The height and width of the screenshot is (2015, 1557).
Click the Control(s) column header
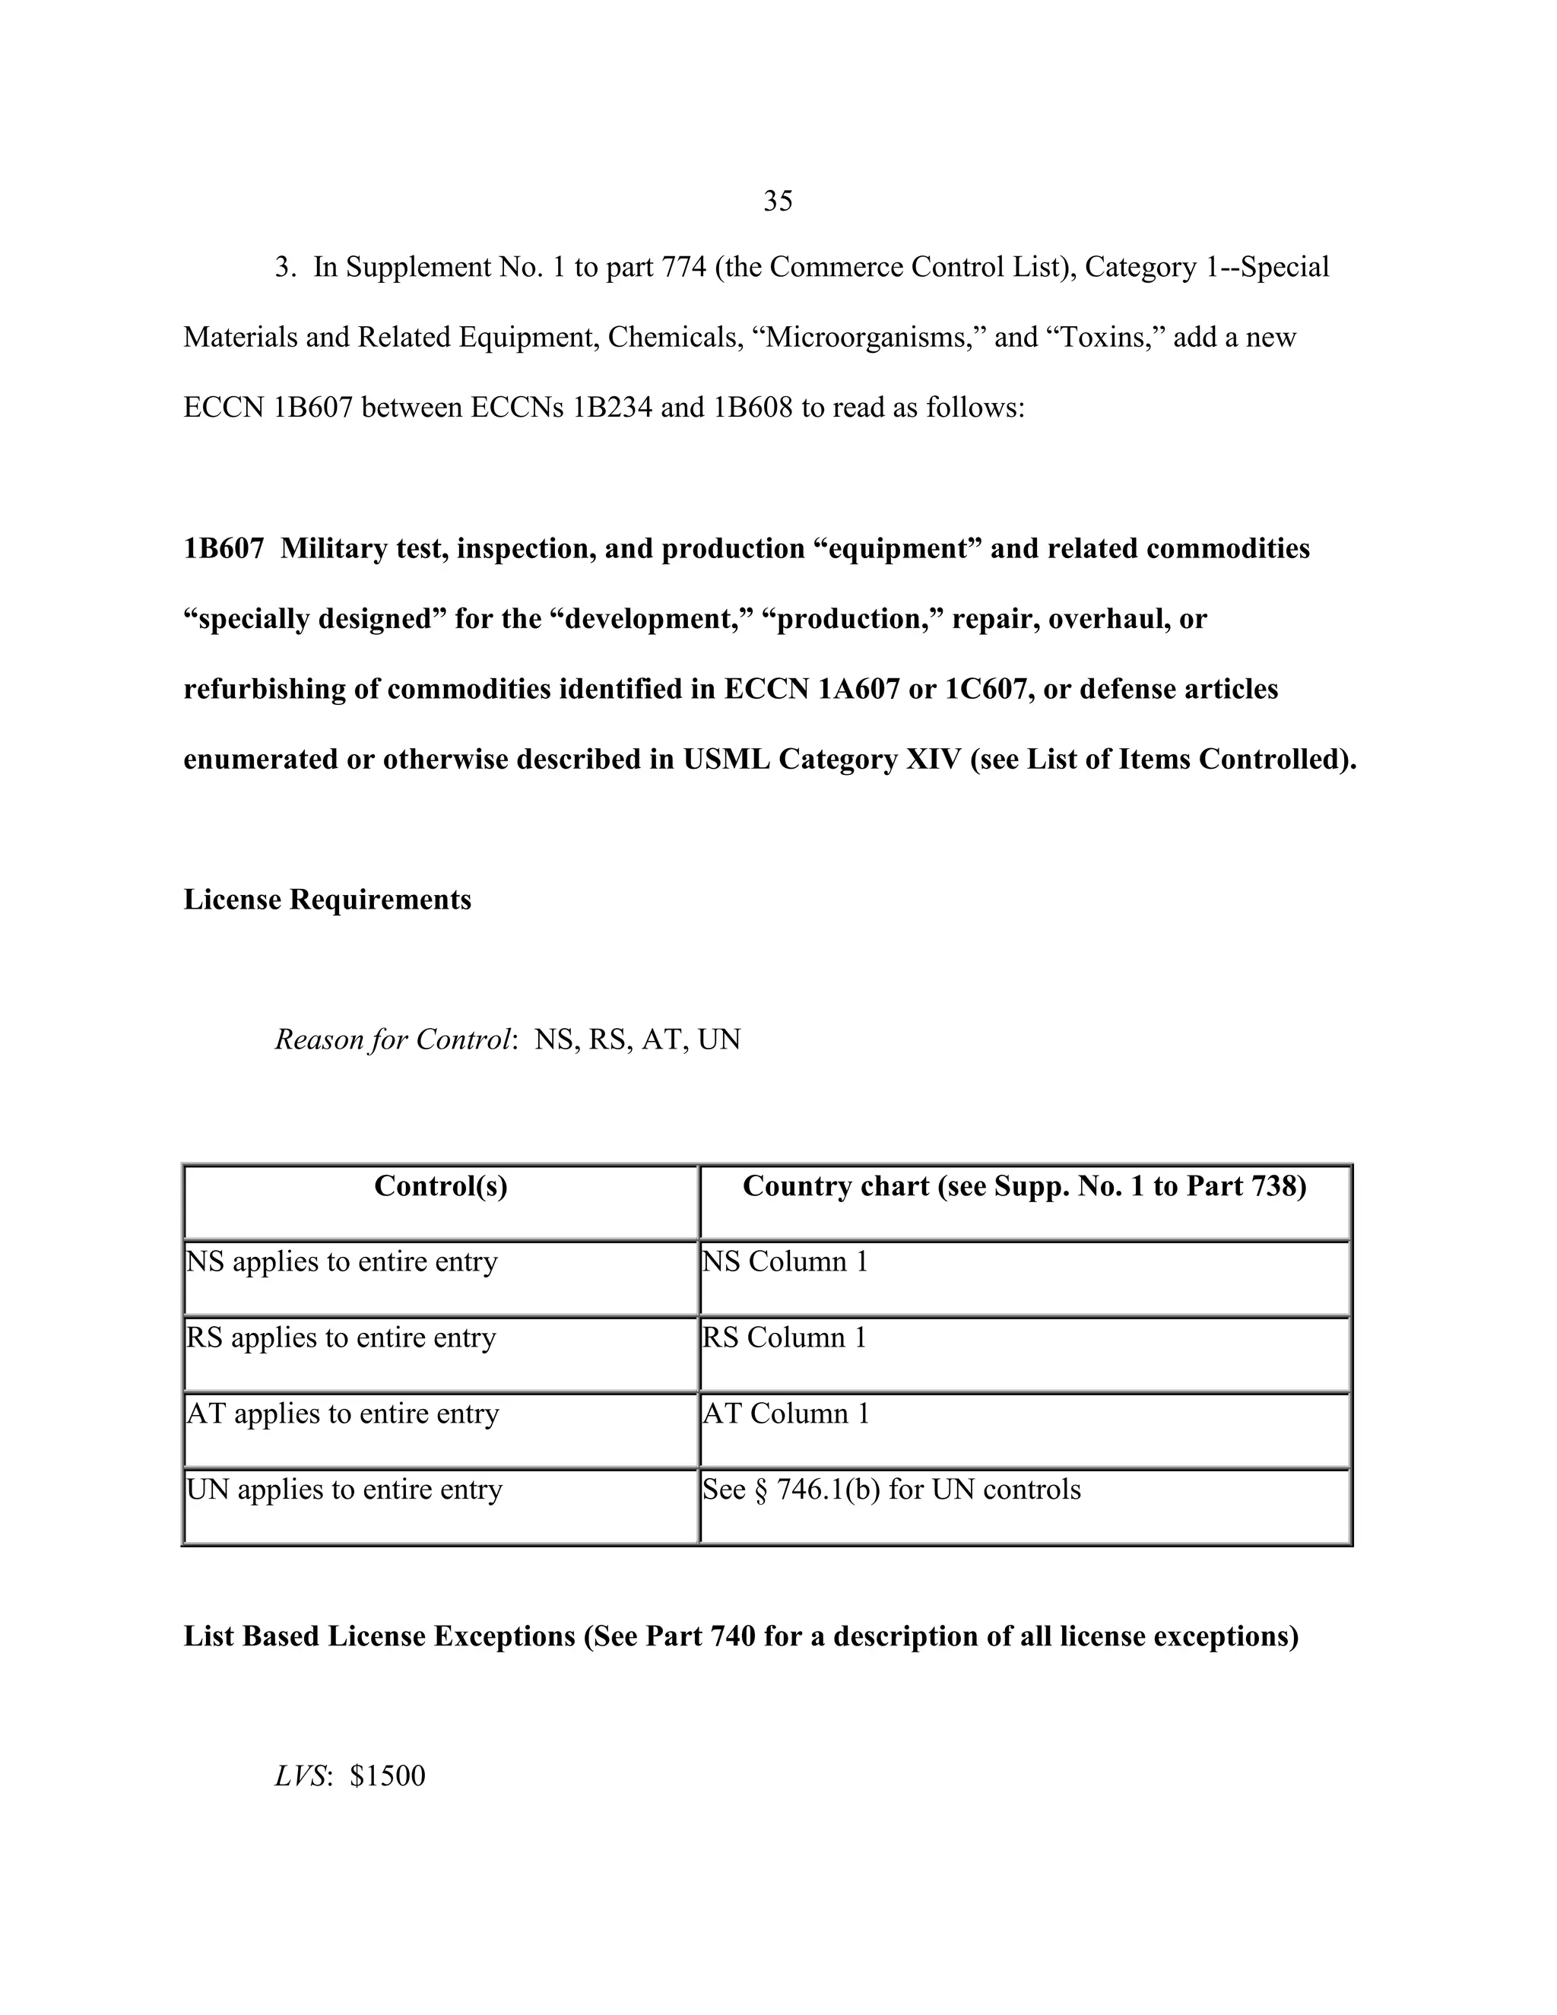pyautogui.click(x=441, y=1186)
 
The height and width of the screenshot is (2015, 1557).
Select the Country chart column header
pyautogui.click(x=1024, y=1186)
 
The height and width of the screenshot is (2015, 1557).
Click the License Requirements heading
pyautogui.click(x=328, y=900)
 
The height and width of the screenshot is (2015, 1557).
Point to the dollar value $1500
pyautogui.click(x=388, y=1776)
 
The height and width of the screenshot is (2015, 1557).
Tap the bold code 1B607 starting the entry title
pyautogui.click(x=224, y=549)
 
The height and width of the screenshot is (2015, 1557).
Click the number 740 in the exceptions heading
pyautogui.click(x=734, y=1636)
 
